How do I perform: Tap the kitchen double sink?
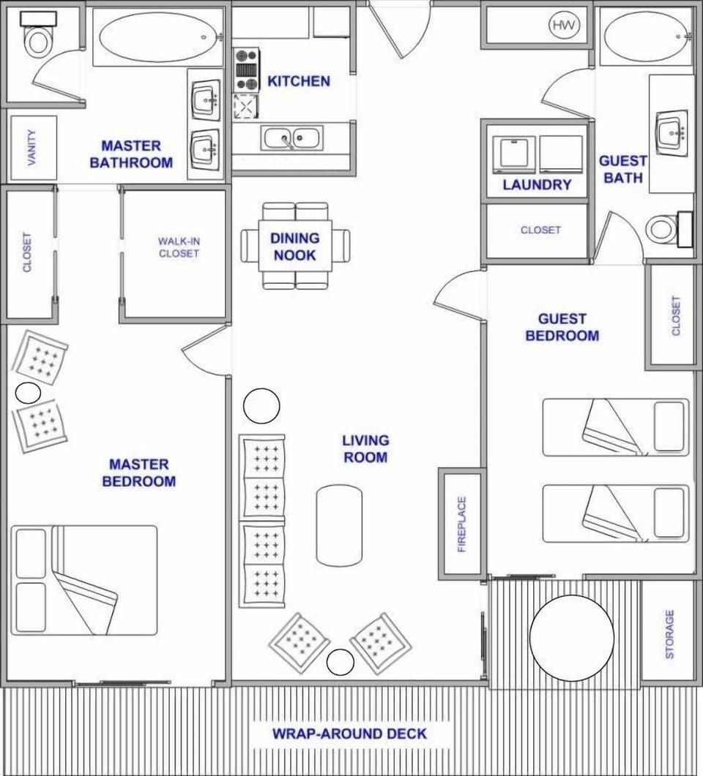(x=291, y=138)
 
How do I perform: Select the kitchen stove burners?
(x=247, y=70)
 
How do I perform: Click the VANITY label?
(x=32, y=148)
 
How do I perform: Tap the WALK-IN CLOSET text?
(x=179, y=247)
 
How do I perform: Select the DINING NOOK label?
(x=294, y=246)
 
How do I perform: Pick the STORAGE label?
(x=669, y=634)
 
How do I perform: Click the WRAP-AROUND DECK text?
(x=349, y=734)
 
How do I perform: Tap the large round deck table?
(x=571, y=638)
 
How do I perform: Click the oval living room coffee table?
(x=339, y=524)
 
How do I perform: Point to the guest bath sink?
(x=672, y=132)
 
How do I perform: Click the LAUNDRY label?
(x=536, y=184)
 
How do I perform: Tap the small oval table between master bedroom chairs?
(x=28, y=393)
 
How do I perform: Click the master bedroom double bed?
(x=85, y=579)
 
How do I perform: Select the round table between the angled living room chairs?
(x=340, y=662)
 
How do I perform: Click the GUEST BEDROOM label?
(x=562, y=327)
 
